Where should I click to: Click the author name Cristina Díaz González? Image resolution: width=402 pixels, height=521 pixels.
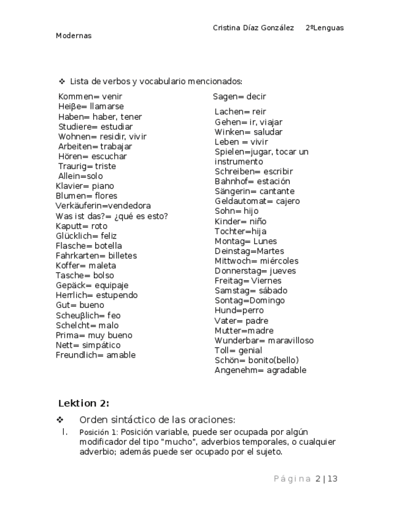tap(253, 28)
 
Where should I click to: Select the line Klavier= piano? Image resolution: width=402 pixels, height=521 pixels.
tap(85, 186)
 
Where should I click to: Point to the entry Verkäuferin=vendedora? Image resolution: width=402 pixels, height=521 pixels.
tap(103, 206)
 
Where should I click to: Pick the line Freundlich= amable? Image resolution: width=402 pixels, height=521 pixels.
tap(96, 355)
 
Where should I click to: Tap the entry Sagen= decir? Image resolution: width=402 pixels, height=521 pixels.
tap(239, 96)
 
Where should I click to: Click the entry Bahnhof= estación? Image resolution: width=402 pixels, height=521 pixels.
tap(252, 181)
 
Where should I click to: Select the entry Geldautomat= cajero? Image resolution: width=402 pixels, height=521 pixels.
tap(257, 201)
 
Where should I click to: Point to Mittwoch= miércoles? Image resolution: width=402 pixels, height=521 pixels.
tap(257, 260)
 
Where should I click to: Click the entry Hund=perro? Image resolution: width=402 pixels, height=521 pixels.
tap(239, 310)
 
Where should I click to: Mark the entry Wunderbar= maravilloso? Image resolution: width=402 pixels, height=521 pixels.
tap(264, 340)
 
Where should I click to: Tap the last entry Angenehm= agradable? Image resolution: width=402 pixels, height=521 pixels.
tap(260, 370)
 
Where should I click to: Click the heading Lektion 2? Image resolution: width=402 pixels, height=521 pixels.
tap(83, 403)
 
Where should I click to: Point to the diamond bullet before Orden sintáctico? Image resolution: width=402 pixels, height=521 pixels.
tap(60, 420)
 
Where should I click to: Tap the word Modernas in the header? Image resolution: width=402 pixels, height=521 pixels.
tap(74, 36)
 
